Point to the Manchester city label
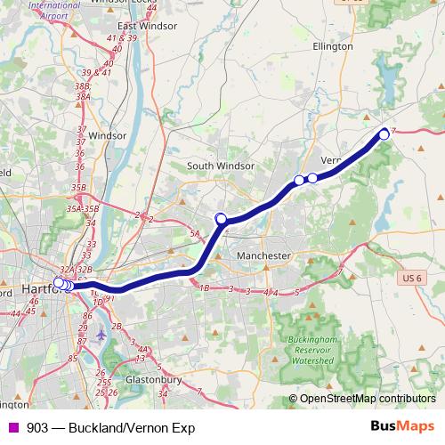pyautogui.click(x=264, y=255)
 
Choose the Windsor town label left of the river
pyautogui.click(x=108, y=135)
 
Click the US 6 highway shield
pyautogui.click(x=410, y=279)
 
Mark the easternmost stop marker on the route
pyautogui.click(x=384, y=134)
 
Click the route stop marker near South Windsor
pyautogui.click(x=222, y=218)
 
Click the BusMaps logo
pyautogui.click(x=402, y=426)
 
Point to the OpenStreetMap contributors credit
pyautogui.click(x=368, y=399)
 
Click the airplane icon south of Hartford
pyautogui.click(x=101, y=335)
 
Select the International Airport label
pyautogui.click(x=53, y=10)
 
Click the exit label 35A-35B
pyautogui.click(x=82, y=207)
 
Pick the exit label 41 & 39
pyautogui.click(x=120, y=38)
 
